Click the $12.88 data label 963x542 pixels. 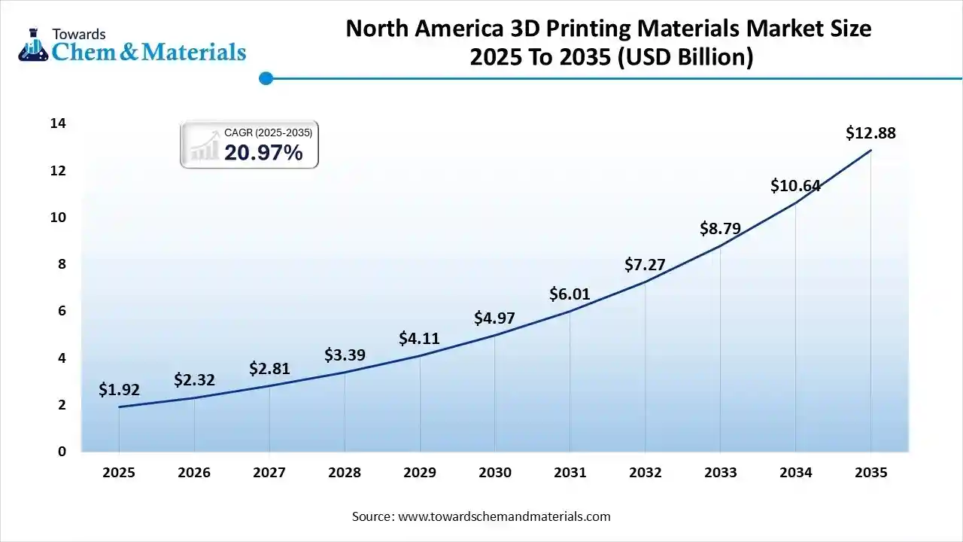(x=870, y=133)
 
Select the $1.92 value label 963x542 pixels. (x=119, y=389)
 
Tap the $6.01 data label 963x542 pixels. (x=570, y=294)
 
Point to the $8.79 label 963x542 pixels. (x=720, y=227)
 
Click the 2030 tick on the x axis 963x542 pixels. (x=494, y=473)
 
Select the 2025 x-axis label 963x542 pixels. (x=119, y=473)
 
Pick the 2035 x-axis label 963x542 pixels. (x=870, y=473)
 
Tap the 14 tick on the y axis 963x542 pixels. (x=58, y=123)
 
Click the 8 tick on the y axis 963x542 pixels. (x=62, y=264)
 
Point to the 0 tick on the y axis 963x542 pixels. (x=62, y=451)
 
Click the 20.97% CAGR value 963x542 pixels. (x=263, y=153)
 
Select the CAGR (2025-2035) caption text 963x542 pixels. (x=268, y=132)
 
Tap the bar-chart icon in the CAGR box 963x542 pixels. (x=204, y=145)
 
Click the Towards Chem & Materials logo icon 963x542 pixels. (x=32, y=45)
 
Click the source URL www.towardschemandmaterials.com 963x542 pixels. (x=503, y=516)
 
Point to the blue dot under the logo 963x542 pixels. (x=265, y=78)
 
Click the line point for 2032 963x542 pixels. (x=645, y=282)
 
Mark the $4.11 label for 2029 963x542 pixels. (x=419, y=338)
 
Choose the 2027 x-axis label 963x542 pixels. (x=269, y=473)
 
